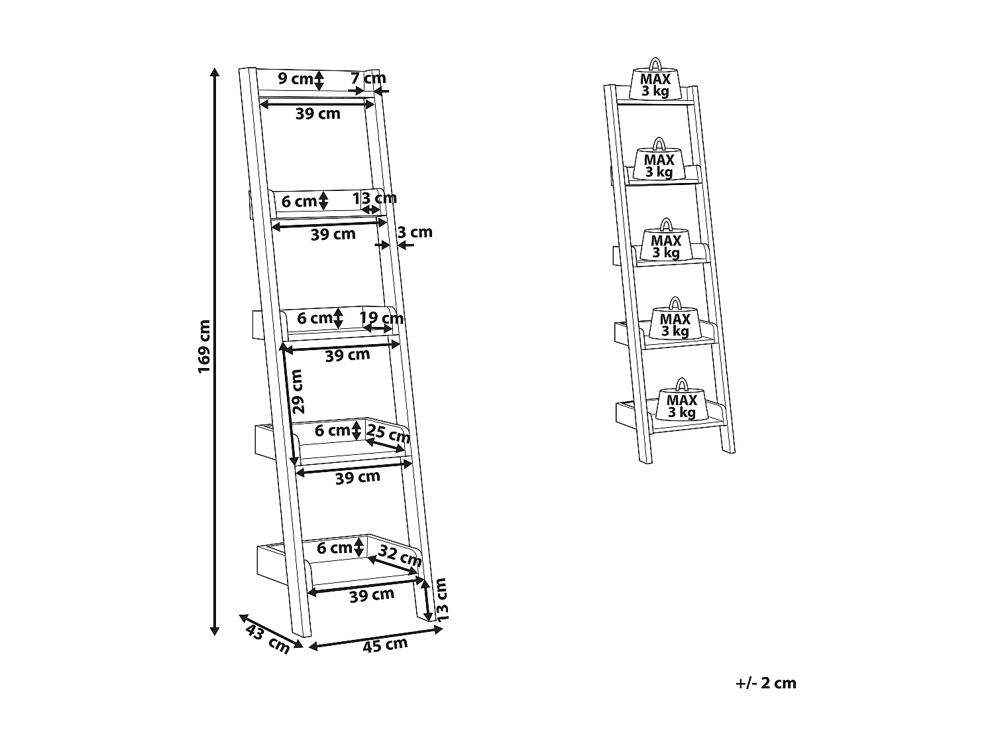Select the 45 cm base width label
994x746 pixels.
pos(385,644)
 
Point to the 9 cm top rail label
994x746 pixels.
pos(295,79)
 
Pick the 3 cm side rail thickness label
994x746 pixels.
pos(415,232)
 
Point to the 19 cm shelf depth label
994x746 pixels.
pos(382,318)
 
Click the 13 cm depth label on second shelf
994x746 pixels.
pos(374,198)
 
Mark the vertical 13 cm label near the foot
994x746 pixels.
pos(441,599)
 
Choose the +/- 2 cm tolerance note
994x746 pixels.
pos(765,683)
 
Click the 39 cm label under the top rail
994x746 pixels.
pos(318,113)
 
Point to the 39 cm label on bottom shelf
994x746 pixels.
pos(372,595)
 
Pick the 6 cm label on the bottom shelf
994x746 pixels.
pos(334,548)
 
